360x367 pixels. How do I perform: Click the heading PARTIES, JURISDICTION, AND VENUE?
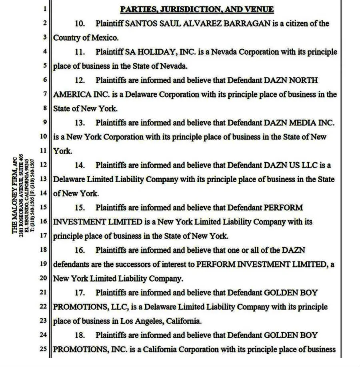(197, 9)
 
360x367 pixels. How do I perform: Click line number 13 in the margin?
(44, 179)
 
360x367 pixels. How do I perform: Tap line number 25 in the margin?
(44, 349)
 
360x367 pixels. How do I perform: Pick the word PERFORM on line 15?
(283, 207)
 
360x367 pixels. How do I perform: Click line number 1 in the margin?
(45, 9)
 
